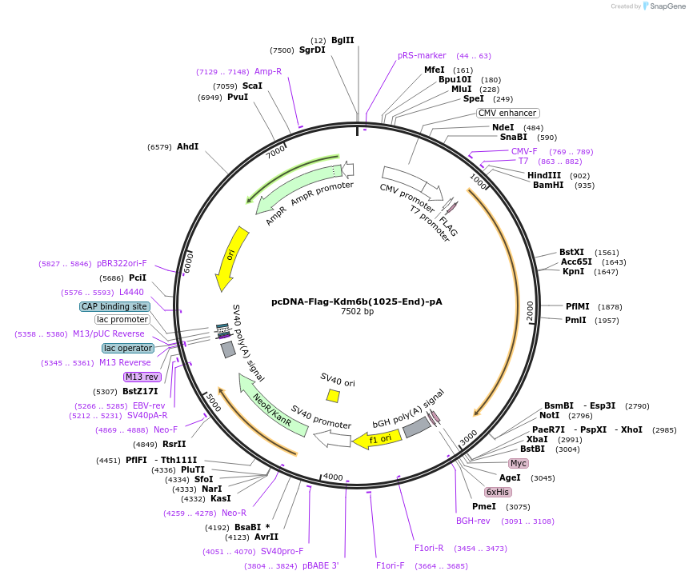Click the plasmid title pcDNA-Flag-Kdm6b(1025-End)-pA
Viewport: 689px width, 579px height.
(x=357, y=301)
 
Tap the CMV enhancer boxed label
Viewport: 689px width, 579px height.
(x=507, y=113)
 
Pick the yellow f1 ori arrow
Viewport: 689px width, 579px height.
(x=379, y=438)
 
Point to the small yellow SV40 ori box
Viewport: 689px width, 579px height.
(x=333, y=396)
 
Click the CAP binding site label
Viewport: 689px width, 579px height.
(x=114, y=306)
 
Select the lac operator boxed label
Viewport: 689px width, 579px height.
(x=128, y=348)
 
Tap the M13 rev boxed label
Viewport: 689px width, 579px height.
(x=142, y=377)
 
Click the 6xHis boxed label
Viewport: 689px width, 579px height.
(x=498, y=492)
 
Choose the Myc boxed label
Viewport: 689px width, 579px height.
(x=519, y=463)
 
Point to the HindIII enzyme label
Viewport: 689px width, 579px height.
(x=545, y=175)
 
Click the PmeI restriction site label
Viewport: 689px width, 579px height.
(x=484, y=506)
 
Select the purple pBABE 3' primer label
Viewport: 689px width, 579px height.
(x=320, y=565)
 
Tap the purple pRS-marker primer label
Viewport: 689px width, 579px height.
(x=422, y=56)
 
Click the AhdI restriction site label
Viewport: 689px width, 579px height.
(x=187, y=146)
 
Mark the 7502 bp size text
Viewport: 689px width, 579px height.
(x=357, y=312)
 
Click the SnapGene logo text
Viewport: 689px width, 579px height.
(x=666, y=6)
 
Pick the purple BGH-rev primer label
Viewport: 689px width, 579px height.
(x=473, y=521)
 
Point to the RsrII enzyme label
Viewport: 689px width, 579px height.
(x=174, y=444)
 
